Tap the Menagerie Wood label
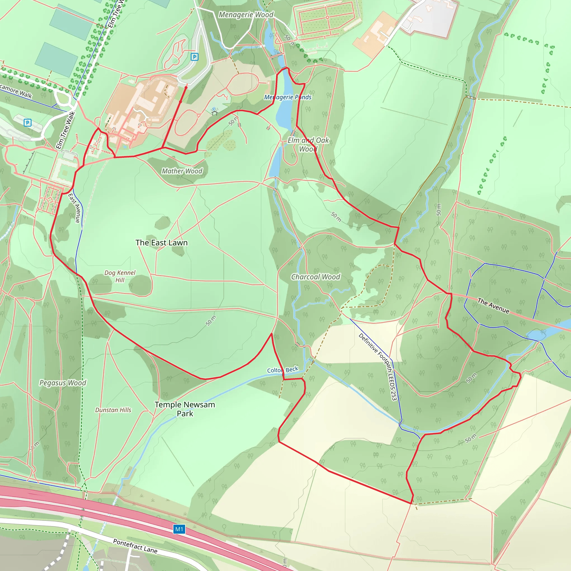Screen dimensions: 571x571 (246, 14)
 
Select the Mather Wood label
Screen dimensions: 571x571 (182, 171)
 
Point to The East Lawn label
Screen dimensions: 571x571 (161, 243)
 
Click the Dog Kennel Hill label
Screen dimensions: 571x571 (120, 276)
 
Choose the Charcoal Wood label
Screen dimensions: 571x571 (316, 277)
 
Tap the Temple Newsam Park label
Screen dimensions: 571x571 (185, 409)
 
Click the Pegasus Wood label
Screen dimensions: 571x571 (63, 383)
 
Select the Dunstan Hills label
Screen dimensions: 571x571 (113, 410)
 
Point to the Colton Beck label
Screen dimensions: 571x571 (282, 370)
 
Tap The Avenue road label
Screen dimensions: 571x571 (493, 306)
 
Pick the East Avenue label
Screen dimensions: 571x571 (74, 208)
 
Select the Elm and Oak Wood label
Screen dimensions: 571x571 (308, 144)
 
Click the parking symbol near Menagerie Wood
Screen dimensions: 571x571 (195, 57)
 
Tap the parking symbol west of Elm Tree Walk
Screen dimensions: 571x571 (28, 122)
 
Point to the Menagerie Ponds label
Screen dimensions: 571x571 (287, 97)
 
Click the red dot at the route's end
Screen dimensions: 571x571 (186, 88)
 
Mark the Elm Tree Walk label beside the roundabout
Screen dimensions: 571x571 (66, 130)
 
